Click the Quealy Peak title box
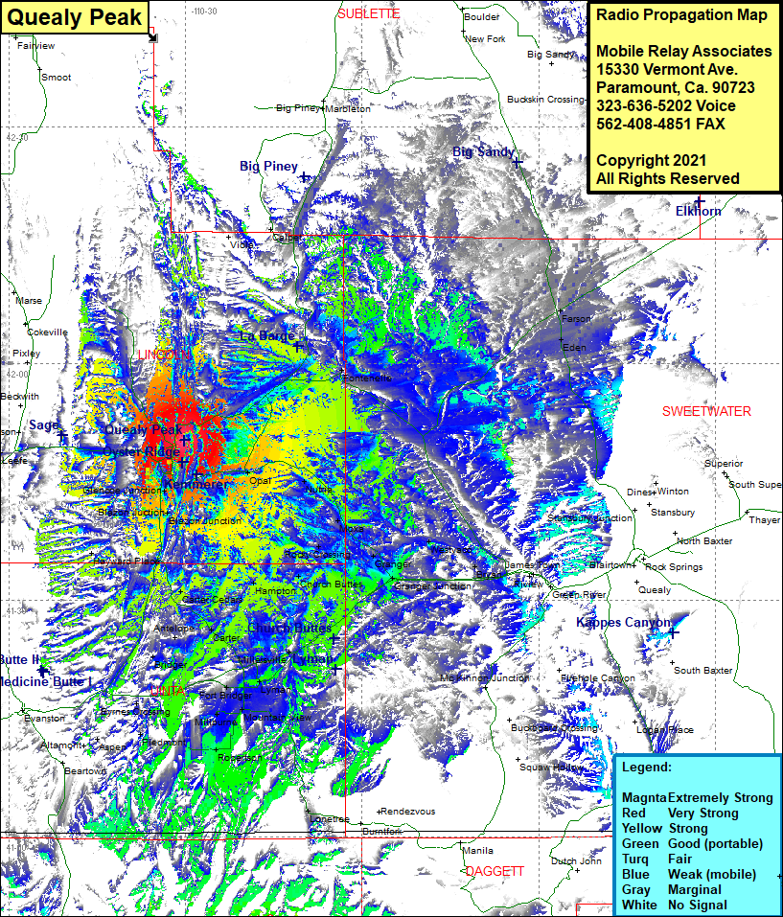point(75,16)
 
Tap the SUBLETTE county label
point(368,13)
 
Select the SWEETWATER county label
point(706,411)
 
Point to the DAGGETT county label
point(495,871)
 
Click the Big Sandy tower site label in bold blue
point(484,152)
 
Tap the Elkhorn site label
point(698,211)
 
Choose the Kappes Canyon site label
point(623,623)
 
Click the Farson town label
point(577,318)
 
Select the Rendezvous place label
point(409,812)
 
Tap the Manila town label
point(477,850)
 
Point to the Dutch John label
point(576,860)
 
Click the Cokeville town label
point(47,332)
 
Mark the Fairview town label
point(36,45)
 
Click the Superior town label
point(724,463)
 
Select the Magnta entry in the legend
point(644,797)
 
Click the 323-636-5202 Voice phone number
point(665,105)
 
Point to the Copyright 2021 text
point(651,160)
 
